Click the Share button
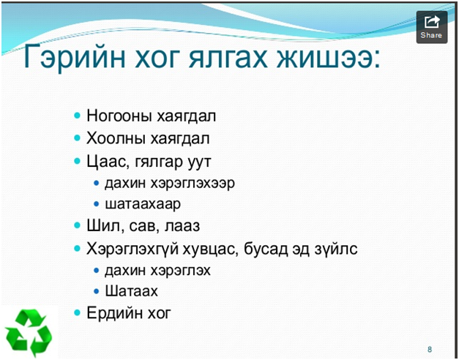click(x=432, y=27)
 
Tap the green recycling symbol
click(x=29, y=333)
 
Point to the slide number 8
click(x=430, y=349)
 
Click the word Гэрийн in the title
click(x=75, y=56)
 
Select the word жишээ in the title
click(x=324, y=56)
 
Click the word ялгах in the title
click(x=228, y=56)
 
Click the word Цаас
click(x=106, y=161)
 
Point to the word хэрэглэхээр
click(x=193, y=184)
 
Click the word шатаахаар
click(x=143, y=204)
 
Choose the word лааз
click(x=182, y=226)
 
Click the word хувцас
click(x=209, y=250)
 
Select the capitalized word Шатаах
click(x=132, y=291)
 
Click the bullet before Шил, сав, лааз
click(x=78, y=225)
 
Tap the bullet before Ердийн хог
click(x=78, y=313)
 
